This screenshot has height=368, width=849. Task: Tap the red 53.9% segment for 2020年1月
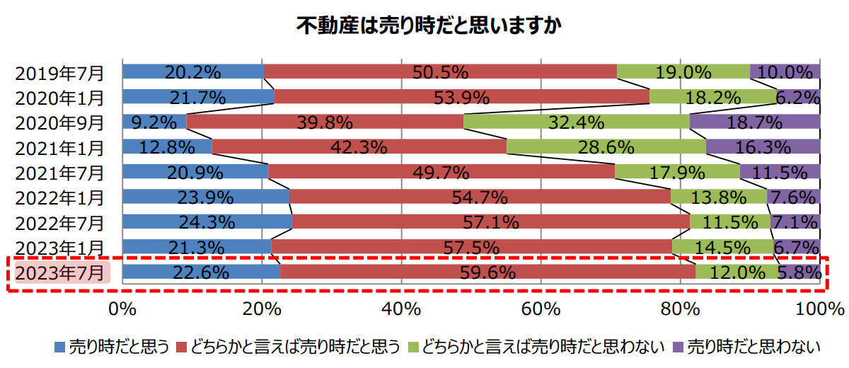(461, 96)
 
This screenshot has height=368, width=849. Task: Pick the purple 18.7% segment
(754, 122)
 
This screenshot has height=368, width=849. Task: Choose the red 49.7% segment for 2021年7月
(441, 172)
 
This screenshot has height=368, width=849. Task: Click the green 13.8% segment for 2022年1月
(718, 197)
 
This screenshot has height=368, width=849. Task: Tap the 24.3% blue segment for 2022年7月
(207, 222)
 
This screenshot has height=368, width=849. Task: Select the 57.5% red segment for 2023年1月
(471, 247)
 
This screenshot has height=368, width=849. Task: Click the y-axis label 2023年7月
(60, 272)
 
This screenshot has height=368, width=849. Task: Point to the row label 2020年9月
(60, 122)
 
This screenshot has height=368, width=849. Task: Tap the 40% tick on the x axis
(401, 309)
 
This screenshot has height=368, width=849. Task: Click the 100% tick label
(819, 309)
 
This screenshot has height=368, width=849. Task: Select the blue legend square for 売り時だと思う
(59, 347)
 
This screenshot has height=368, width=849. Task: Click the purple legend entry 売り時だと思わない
(753, 347)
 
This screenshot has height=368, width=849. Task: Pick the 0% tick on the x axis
(122, 309)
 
